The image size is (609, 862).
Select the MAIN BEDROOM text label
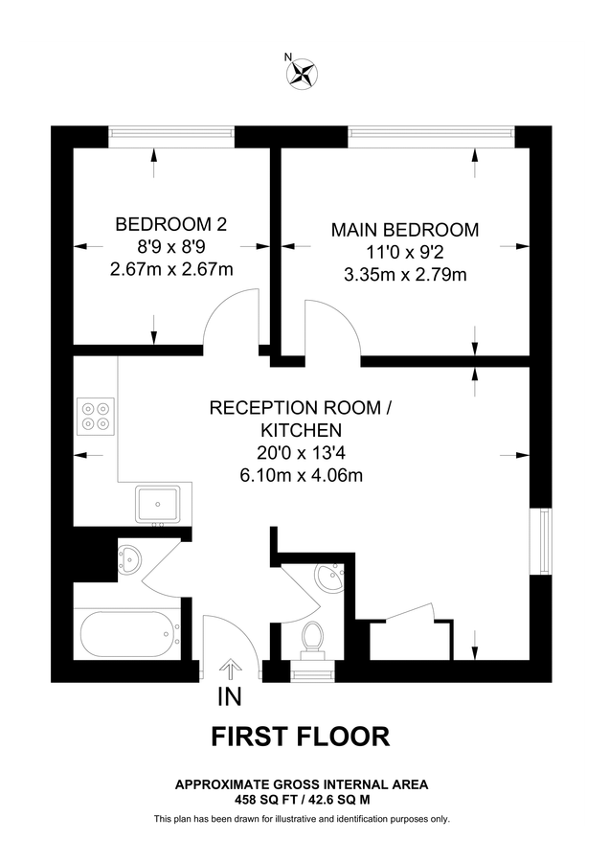(x=404, y=230)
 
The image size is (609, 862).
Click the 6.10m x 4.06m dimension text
(x=302, y=474)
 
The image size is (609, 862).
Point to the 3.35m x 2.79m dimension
(x=404, y=275)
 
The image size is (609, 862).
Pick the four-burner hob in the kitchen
(x=95, y=414)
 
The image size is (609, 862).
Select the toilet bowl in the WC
(x=312, y=636)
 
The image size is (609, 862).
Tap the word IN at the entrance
(x=229, y=696)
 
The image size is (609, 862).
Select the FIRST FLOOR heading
(x=300, y=737)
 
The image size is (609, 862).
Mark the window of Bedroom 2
(x=172, y=133)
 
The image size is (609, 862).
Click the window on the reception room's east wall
(x=545, y=541)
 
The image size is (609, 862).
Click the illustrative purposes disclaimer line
(x=302, y=819)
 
